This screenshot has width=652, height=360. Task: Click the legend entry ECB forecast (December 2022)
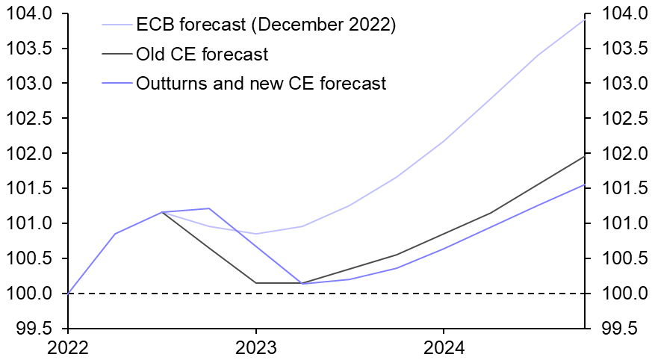265,25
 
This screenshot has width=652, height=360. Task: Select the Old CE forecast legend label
202,54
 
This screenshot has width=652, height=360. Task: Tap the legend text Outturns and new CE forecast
261,83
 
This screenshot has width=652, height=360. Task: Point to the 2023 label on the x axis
256,347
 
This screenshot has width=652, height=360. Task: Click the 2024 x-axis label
444,347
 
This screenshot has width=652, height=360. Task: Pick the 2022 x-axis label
69,347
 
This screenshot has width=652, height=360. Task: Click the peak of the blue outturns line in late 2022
209,208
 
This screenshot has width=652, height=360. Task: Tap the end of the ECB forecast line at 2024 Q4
584,19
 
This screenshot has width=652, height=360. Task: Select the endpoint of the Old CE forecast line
584,155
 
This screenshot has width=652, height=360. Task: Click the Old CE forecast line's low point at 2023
256,283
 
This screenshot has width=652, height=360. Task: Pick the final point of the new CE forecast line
584,184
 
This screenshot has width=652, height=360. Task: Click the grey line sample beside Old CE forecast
116,54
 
